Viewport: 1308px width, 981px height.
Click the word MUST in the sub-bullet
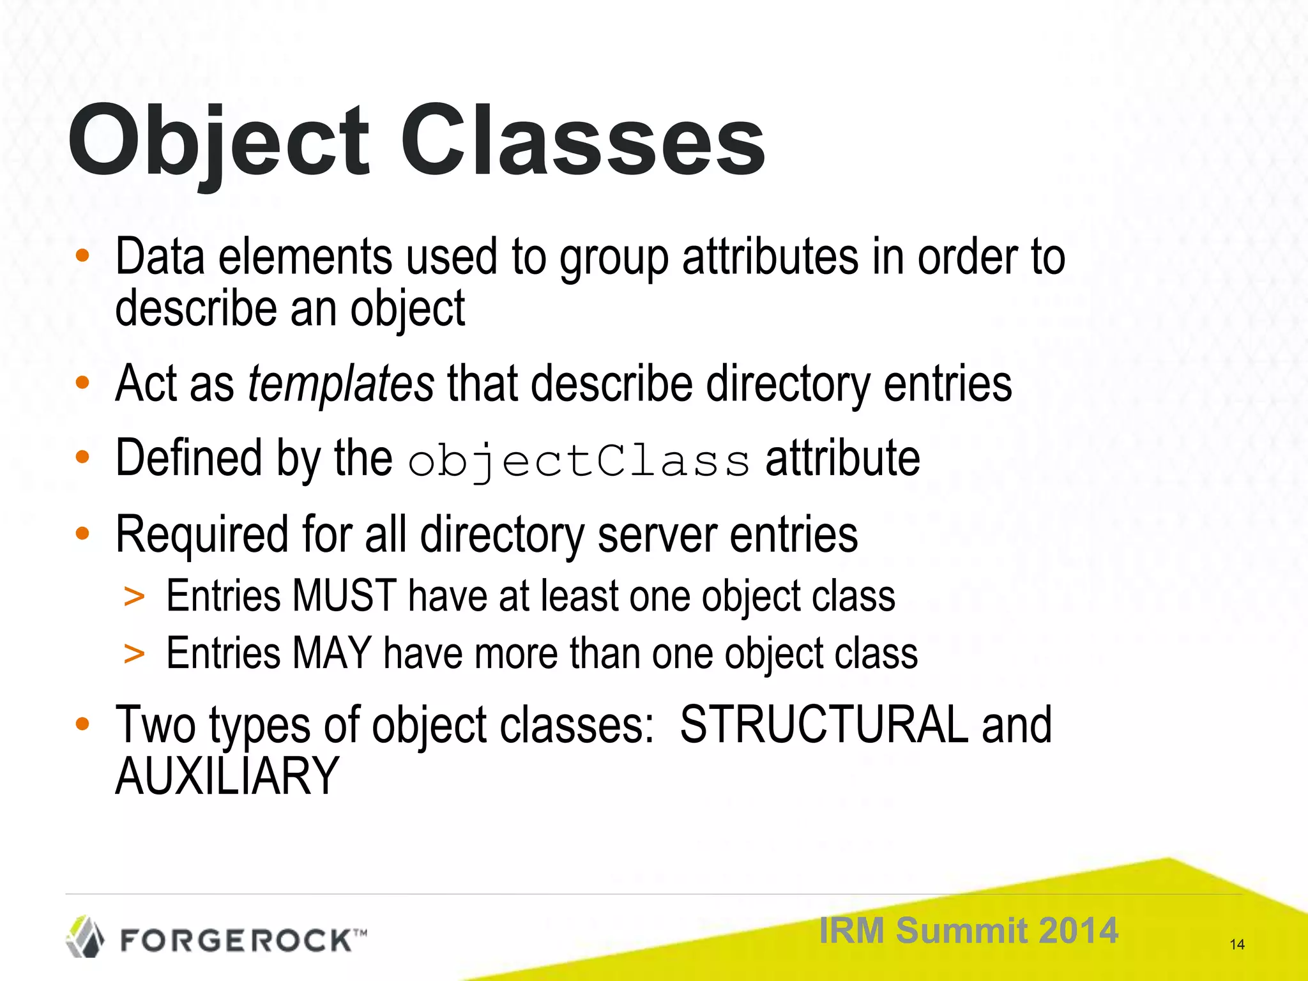click(x=344, y=596)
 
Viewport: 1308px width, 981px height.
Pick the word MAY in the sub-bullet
click(x=332, y=653)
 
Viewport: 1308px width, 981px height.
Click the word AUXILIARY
click(x=227, y=776)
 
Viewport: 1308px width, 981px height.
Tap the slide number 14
click(x=1236, y=945)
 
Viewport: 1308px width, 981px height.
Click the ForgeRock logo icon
click(x=86, y=937)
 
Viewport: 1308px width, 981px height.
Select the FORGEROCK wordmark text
click(x=236, y=941)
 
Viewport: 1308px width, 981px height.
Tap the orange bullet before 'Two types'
click(x=82, y=724)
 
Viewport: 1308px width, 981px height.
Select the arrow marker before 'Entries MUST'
click(x=134, y=597)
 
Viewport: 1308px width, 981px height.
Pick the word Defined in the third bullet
click(x=188, y=458)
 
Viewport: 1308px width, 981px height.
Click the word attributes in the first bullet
click(x=770, y=257)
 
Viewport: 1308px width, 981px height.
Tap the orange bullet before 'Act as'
click(x=82, y=383)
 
